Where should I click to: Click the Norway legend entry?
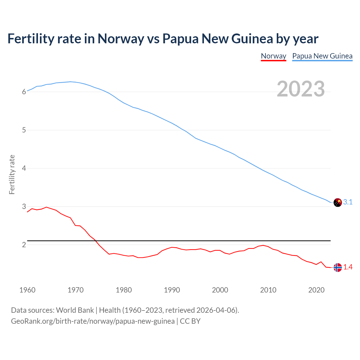[273, 56]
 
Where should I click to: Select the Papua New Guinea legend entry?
[322, 56]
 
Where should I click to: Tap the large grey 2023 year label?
[301, 89]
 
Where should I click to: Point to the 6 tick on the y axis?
[24, 92]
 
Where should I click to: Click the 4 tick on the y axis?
[24, 168]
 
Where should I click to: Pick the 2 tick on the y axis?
[24, 245]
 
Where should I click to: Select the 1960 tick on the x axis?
[27, 290]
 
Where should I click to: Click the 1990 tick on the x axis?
[172, 290]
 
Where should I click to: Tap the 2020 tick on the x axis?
[316, 290]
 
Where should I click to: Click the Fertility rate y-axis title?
[12, 174]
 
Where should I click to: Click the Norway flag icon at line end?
[337, 267]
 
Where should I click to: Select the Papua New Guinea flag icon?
[337, 202]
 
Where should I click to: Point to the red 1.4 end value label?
[348, 267]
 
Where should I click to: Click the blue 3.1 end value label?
[348, 202]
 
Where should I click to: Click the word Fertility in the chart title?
[30, 39]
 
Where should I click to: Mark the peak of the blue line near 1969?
[71, 82]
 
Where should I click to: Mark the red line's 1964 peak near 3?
[46, 207]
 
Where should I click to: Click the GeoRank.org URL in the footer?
[93, 321]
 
